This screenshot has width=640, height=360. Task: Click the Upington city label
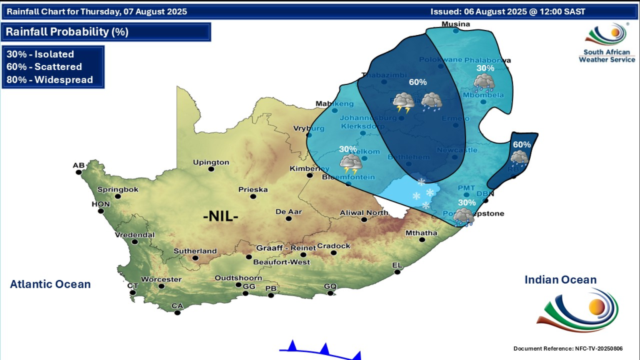[211, 162]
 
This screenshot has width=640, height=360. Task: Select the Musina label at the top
[455, 24]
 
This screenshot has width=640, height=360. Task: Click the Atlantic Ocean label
[50, 284]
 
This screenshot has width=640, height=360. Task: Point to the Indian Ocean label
[560, 280]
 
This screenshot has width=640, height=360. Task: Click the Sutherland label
[196, 251]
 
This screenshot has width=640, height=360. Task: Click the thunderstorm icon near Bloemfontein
[351, 164]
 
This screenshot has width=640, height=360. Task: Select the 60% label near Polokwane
[417, 82]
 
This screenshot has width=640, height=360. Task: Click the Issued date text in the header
[516, 11]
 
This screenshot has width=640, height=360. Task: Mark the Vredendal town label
[134, 235]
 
